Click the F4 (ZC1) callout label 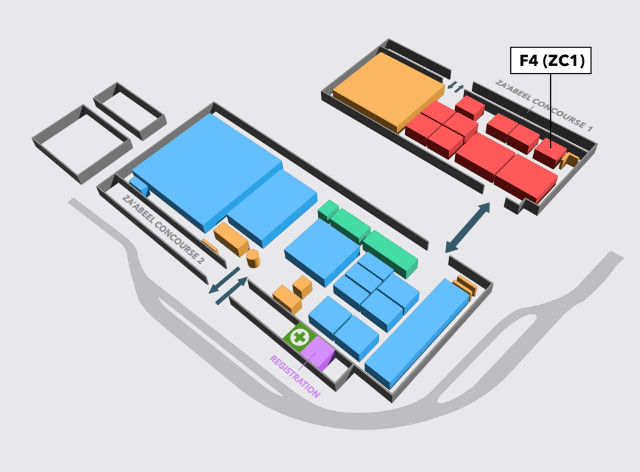(x=550, y=60)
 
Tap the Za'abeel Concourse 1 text (x=543, y=105)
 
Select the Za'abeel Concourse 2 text (x=163, y=229)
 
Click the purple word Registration (x=294, y=377)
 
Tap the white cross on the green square (x=300, y=338)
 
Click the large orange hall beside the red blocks (x=388, y=92)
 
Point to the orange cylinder (x=253, y=259)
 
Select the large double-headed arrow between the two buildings (x=467, y=227)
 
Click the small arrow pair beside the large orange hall (x=456, y=87)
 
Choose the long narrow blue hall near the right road (x=417, y=334)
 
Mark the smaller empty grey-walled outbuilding (x=129, y=111)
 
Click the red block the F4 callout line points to (x=550, y=152)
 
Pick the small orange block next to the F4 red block (x=570, y=161)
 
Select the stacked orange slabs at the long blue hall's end (x=466, y=286)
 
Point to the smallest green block (x=328, y=210)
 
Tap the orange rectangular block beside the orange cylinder (x=231, y=240)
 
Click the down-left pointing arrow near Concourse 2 (x=224, y=280)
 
